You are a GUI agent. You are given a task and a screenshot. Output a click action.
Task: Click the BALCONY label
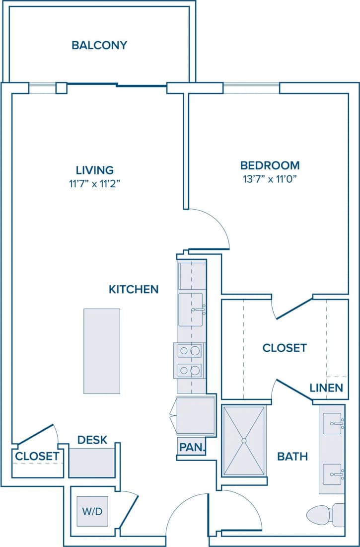click(99, 45)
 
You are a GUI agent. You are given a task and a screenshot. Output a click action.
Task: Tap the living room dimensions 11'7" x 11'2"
click(95, 183)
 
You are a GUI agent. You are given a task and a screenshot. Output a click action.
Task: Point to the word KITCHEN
click(134, 289)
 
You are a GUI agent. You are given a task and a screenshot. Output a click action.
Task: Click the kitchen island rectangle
click(102, 351)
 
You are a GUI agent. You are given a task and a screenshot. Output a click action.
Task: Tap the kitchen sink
click(191, 310)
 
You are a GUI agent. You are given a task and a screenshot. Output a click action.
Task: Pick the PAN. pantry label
click(192, 447)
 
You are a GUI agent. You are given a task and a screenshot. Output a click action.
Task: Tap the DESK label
click(92, 440)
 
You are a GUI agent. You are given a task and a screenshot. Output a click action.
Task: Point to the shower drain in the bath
click(244, 440)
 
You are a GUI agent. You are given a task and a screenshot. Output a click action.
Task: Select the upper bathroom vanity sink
click(333, 423)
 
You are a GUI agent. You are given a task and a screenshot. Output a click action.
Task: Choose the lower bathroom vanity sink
click(333, 475)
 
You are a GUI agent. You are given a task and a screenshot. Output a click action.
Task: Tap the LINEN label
click(326, 388)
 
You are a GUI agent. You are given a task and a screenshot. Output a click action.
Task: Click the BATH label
click(292, 456)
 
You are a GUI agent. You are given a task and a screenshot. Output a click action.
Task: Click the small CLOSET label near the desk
click(37, 456)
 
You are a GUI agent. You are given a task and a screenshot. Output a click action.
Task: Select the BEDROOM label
click(270, 165)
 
